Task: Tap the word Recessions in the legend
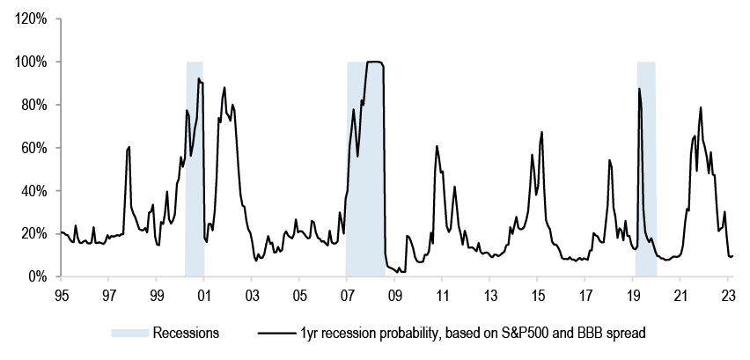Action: pos(186,333)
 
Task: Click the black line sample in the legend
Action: pos(278,333)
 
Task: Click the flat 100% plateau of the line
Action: pos(374,62)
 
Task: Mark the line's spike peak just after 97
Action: pos(129,147)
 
